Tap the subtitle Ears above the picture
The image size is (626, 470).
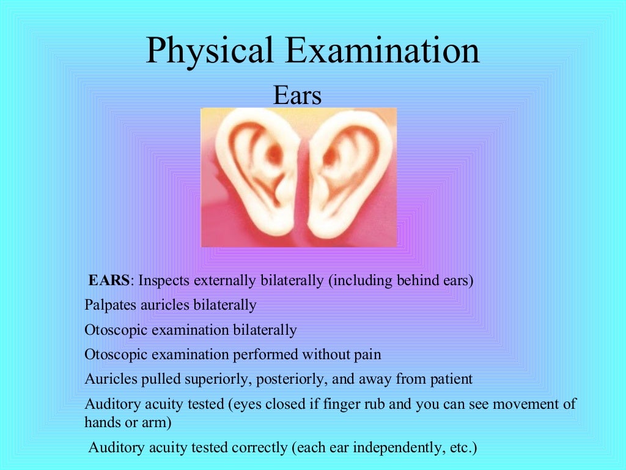coord(297,96)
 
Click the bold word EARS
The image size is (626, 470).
coord(109,281)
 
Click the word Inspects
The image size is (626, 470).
coord(164,281)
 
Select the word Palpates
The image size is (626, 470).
coord(111,305)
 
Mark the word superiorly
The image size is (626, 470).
coord(212,379)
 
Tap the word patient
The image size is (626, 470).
coord(451,379)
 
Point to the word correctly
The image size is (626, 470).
coord(257,448)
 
